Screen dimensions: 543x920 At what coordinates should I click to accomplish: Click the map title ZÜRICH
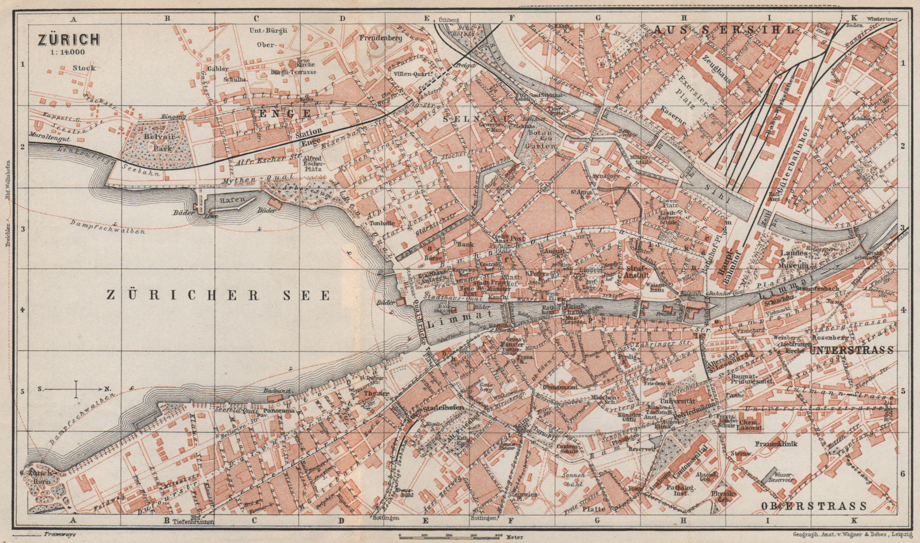coord(68,39)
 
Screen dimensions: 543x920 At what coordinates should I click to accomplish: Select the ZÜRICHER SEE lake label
coord(219,295)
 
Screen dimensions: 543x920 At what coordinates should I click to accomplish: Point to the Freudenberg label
coord(379,39)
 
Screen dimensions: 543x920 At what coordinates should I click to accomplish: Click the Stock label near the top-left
coord(84,68)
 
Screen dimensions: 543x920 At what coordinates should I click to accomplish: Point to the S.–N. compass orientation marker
coord(75,389)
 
